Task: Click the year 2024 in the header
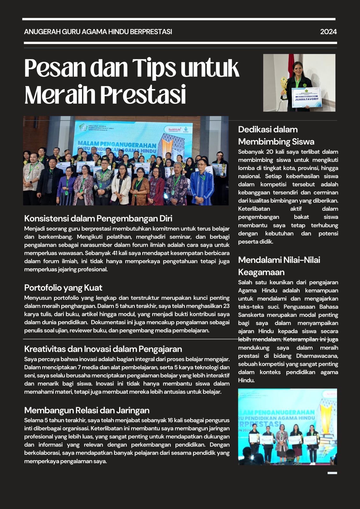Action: click(x=328, y=32)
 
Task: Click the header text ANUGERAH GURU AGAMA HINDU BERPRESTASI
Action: click(x=98, y=32)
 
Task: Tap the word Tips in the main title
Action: click(x=154, y=68)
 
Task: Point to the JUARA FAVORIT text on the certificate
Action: click(x=307, y=99)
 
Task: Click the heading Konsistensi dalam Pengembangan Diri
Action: click(x=98, y=219)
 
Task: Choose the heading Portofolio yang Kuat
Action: click(x=63, y=288)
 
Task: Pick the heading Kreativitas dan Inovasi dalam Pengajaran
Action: click(x=103, y=349)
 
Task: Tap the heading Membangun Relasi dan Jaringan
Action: click(x=87, y=410)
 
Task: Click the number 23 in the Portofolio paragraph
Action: click(x=226, y=306)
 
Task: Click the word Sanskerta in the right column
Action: click(x=252, y=315)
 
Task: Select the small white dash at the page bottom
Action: click(x=332, y=473)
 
